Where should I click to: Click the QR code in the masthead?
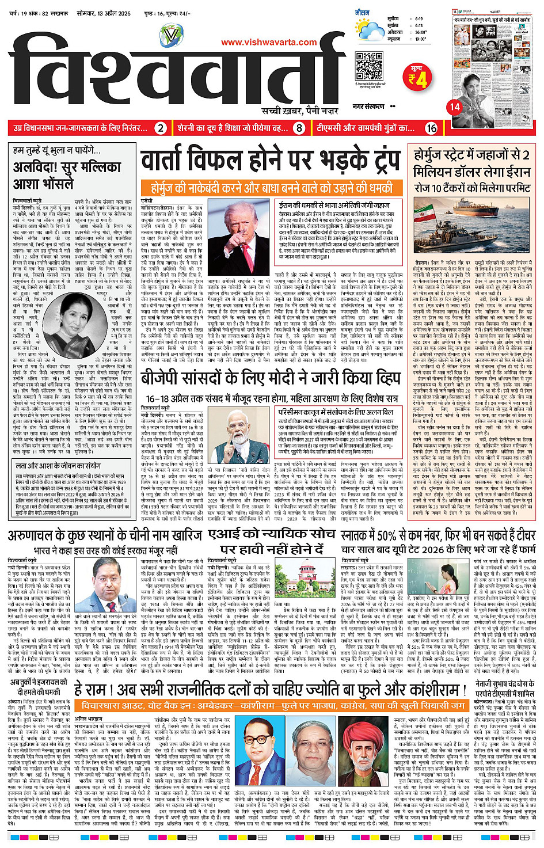(x=369, y=67)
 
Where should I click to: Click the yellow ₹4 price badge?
(x=418, y=78)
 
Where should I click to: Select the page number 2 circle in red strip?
(x=161, y=128)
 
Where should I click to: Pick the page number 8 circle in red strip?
(x=298, y=128)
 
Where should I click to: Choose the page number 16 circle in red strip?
(x=431, y=128)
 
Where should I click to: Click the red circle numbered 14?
(x=455, y=106)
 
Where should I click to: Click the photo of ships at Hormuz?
(x=473, y=219)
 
